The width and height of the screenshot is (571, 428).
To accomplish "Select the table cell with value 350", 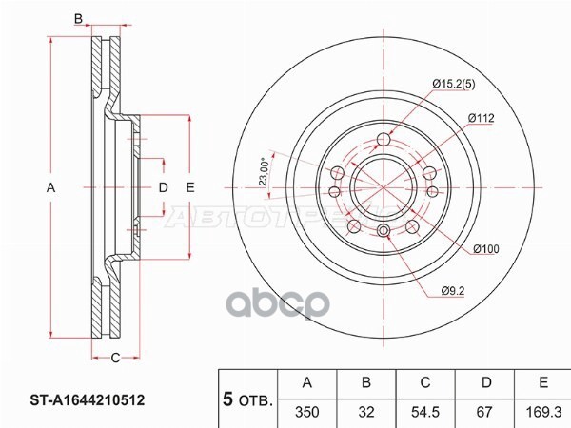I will [x=306, y=410].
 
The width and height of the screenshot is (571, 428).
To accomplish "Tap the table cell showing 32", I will [x=365, y=410].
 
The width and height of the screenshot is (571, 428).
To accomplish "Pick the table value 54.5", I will [x=424, y=410].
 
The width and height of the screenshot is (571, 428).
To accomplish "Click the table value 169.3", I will [x=541, y=410].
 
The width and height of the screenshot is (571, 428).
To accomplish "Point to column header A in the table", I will [x=306, y=383].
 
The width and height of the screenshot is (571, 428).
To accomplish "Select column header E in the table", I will [x=541, y=383].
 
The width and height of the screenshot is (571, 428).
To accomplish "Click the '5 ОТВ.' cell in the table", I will [x=246, y=398].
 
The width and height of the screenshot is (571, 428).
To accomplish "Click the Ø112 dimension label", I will [x=481, y=118].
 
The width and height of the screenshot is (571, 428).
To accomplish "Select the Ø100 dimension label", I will [x=487, y=249].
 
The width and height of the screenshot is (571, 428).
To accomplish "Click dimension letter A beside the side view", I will [x=51, y=189].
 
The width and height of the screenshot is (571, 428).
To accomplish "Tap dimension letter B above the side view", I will [x=79, y=18].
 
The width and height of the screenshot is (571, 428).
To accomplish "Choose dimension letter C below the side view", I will [x=114, y=358].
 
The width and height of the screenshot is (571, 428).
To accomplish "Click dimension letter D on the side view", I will [x=163, y=189].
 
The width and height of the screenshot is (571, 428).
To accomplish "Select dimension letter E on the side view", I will [x=190, y=189].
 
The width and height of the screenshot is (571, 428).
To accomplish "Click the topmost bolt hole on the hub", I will [x=384, y=142].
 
